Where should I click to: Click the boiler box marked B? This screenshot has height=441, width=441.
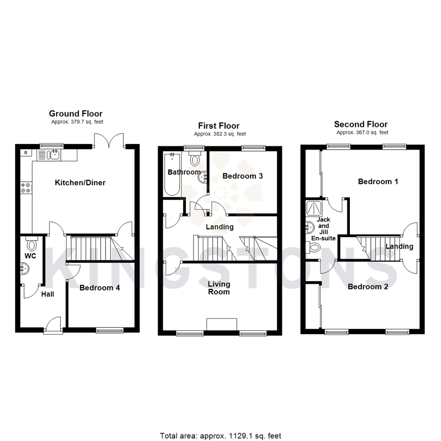(26, 153)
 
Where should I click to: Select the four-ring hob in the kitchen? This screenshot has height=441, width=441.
(25, 187)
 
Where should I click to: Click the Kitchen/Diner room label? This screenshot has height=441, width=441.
(80, 183)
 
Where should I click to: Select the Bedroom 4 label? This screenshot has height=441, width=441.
(100, 288)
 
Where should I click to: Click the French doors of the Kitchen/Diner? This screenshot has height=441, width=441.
(109, 141)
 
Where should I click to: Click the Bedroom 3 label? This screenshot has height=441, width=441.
(242, 176)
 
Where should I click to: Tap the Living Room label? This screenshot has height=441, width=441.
(219, 288)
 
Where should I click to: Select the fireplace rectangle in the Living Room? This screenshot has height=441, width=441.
(222, 324)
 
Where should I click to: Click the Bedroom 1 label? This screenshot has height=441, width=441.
(378, 181)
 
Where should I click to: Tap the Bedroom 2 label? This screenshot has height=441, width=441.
(367, 287)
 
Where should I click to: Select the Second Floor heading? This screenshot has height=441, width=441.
(361, 125)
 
